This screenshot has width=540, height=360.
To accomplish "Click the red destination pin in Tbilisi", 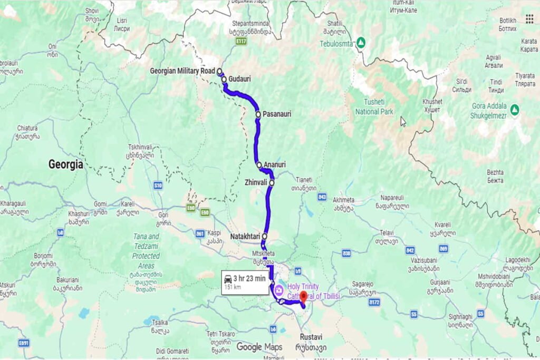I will [303, 296].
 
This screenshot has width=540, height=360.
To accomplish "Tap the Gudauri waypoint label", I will [239, 79].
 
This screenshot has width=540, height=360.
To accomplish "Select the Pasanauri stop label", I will [277, 114].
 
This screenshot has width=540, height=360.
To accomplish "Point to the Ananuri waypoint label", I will [275, 164].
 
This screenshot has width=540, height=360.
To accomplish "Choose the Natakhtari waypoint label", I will [246, 237].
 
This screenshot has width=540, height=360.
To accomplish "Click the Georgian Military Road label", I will [182, 71].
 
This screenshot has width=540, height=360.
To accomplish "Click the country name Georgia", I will [66, 164].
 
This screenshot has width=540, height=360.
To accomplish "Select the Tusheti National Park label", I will [374, 107].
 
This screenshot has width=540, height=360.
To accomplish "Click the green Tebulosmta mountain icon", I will [361, 43].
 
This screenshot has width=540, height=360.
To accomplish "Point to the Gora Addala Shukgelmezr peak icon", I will [515, 109].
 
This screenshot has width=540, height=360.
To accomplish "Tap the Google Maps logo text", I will [259, 347].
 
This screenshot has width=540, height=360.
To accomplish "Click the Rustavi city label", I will [311, 337].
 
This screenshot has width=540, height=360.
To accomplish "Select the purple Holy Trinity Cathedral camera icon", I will [278, 289].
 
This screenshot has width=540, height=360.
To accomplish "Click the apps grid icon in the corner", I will [529, 19].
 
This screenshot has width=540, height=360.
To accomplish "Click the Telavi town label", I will [387, 232].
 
